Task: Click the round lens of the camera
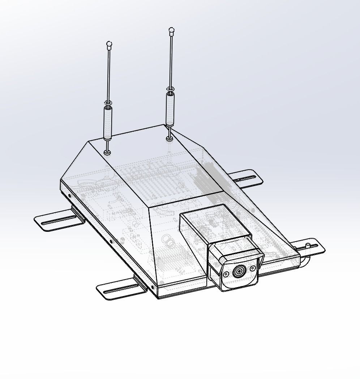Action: (x=239, y=271)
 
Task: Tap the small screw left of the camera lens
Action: (x=226, y=274)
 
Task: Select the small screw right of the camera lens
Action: (x=253, y=268)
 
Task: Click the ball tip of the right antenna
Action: (x=172, y=30)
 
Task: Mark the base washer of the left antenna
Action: (x=107, y=153)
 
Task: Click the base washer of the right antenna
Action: (x=169, y=138)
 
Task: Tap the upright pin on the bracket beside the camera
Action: (x=307, y=246)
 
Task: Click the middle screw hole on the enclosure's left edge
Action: (x=111, y=242)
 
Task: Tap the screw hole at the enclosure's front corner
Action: (x=152, y=288)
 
